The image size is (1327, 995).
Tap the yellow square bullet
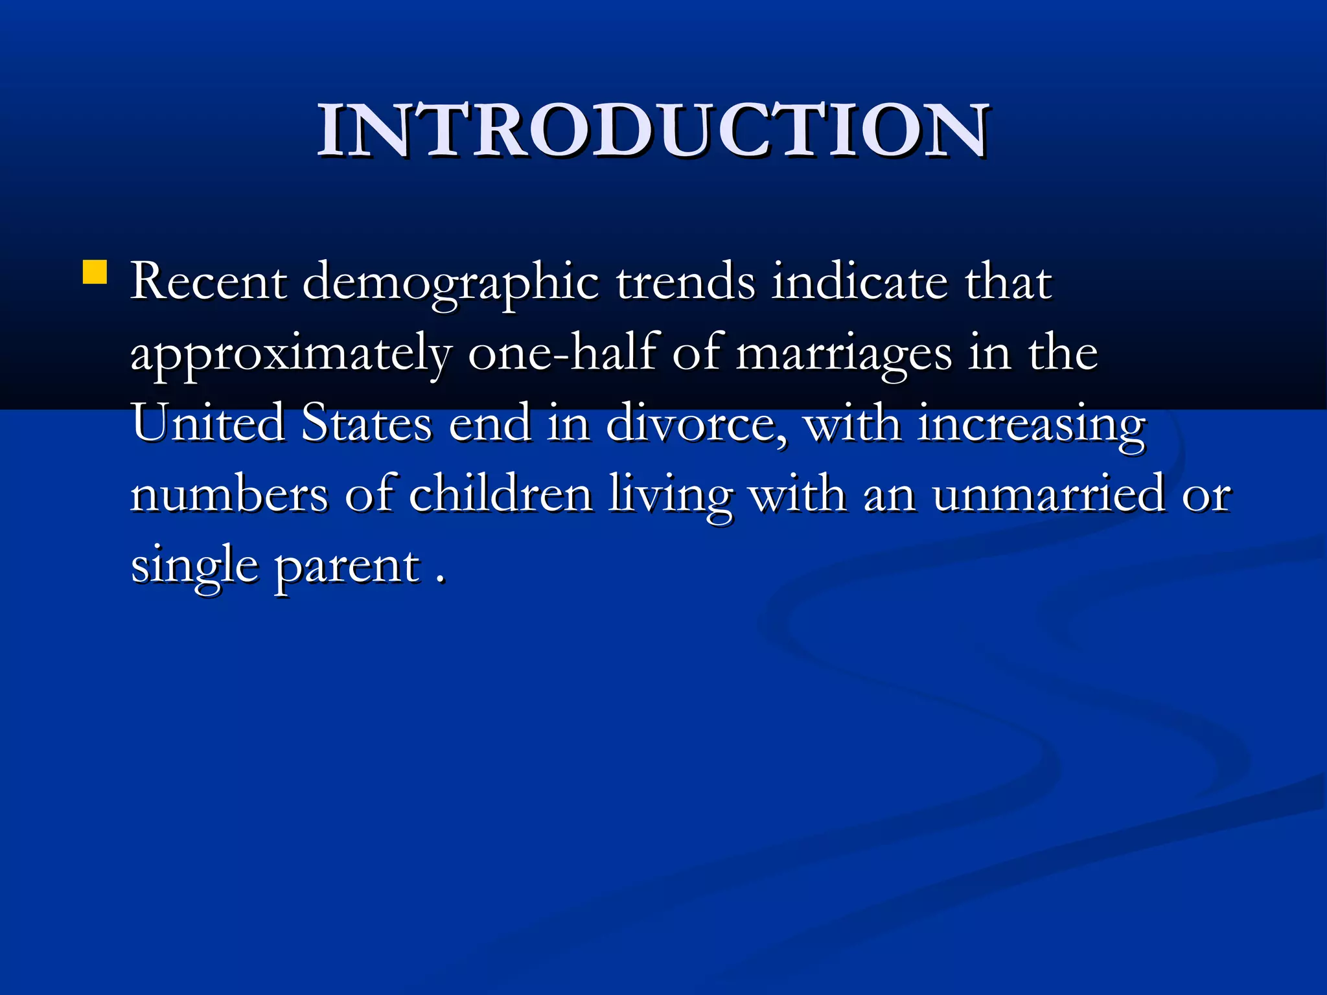click(x=95, y=273)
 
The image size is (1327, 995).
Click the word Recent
click(x=209, y=282)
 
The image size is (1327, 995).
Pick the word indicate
click(x=859, y=282)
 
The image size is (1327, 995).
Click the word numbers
click(x=229, y=494)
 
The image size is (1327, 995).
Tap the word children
click(x=501, y=494)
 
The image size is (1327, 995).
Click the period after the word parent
click(x=441, y=580)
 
